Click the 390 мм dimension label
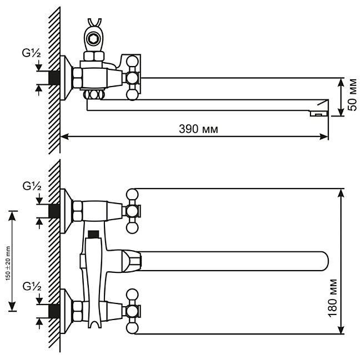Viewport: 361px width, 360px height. point(199,129)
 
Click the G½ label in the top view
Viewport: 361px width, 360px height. point(32,54)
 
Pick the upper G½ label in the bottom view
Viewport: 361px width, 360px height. point(32,187)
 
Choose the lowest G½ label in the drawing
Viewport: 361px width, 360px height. point(32,286)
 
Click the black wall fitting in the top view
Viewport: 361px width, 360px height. point(54,77)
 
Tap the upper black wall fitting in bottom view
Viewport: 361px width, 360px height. point(54,211)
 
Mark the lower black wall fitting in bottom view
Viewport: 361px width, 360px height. point(54,310)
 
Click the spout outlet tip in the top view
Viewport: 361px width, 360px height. point(319,111)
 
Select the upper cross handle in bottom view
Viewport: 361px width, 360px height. point(132,211)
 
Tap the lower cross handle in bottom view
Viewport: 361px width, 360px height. point(132,310)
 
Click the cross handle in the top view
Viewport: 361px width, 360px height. point(132,77)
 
